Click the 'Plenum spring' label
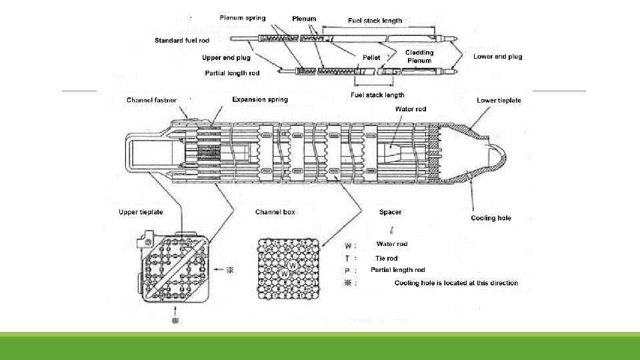pyautogui.click(x=243, y=18)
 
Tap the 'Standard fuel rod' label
pyautogui.click(x=182, y=41)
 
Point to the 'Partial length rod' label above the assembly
pyautogui.click(x=232, y=73)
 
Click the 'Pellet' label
pyautogui.click(x=371, y=57)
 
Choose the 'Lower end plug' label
pyautogui.click(x=497, y=57)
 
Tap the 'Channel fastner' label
pyautogui.click(x=151, y=100)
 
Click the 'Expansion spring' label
pyautogui.click(x=260, y=99)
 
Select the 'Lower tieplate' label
pyautogui.click(x=499, y=100)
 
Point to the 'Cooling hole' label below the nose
pyautogui.click(x=491, y=218)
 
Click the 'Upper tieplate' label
pyautogui.click(x=141, y=212)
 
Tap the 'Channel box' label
pyautogui.click(x=275, y=212)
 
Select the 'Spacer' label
pyautogui.click(x=390, y=212)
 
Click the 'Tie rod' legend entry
pyautogui.click(x=386, y=258)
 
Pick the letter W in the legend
pyautogui.click(x=347, y=245)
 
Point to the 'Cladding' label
pyautogui.click(x=419, y=52)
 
